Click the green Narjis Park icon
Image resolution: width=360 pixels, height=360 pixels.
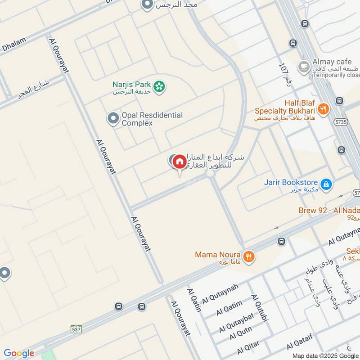tap(158, 87)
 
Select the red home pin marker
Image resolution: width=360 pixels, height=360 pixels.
tap(179, 162)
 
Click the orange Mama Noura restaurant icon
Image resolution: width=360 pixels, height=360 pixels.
tap(248, 256)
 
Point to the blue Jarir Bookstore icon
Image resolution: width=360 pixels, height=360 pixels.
tap(326, 184)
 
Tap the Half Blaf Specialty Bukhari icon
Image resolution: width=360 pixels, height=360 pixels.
tap(323, 108)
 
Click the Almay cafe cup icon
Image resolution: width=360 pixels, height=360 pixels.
tap(304, 66)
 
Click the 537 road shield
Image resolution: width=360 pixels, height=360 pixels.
tap(76, 329)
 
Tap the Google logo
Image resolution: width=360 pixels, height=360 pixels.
tap(18, 353)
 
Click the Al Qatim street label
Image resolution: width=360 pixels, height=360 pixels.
tap(229, 307)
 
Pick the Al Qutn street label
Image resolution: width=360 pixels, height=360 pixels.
tap(241, 334)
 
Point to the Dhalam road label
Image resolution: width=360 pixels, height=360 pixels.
tap(13, 45)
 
